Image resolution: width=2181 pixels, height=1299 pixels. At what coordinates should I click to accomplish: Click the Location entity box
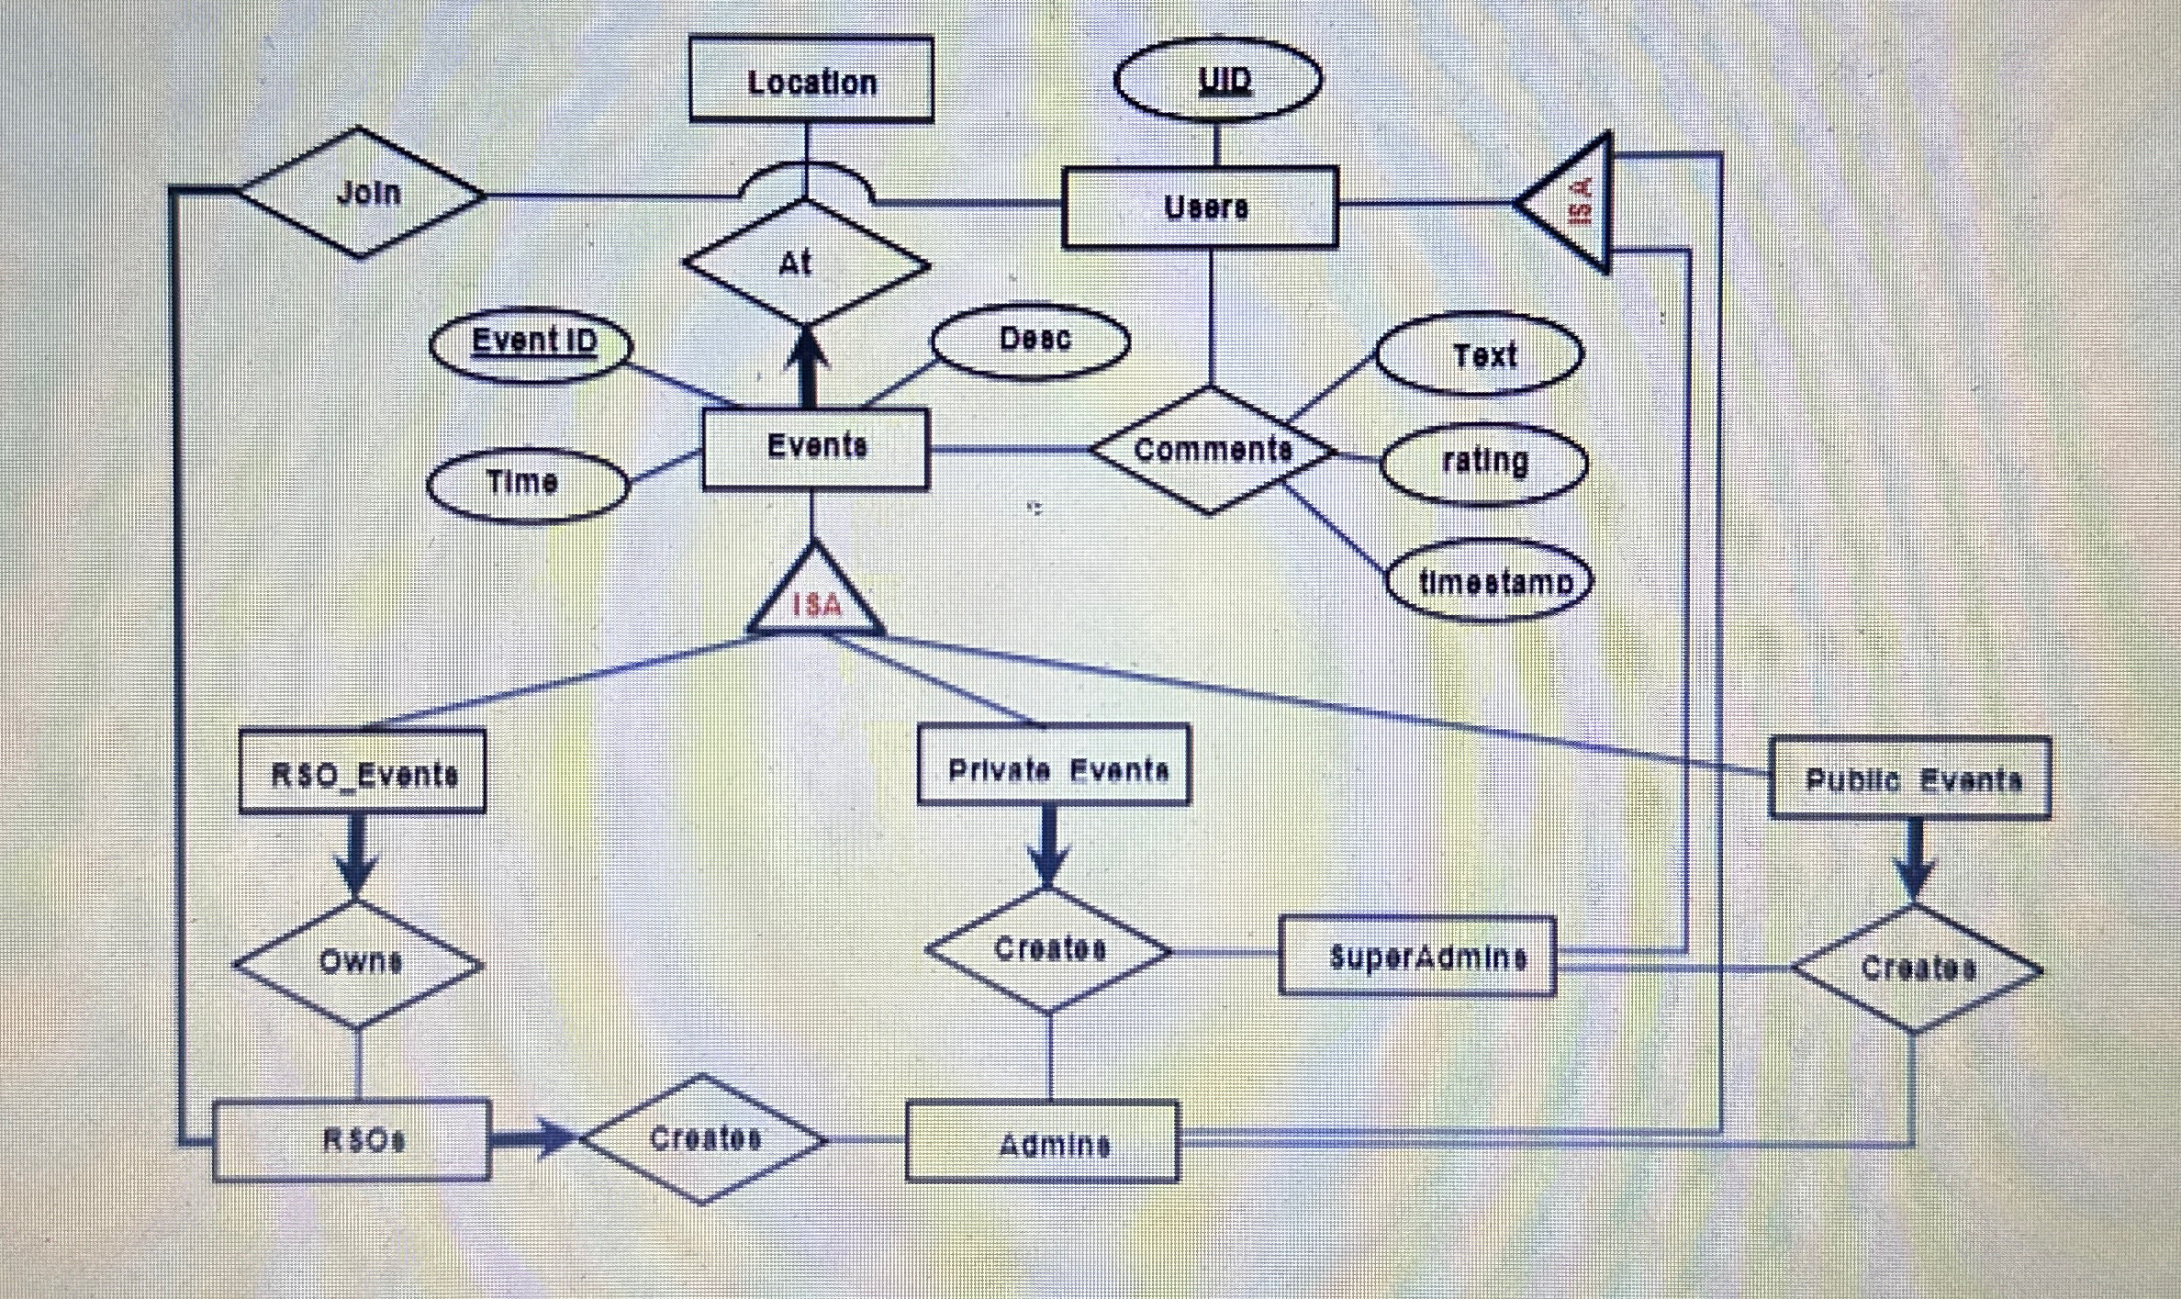(x=811, y=81)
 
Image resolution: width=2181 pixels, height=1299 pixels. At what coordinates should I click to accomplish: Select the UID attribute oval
(x=1218, y=80)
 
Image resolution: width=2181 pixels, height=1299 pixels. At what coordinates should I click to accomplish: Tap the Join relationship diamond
(x=362, y=193)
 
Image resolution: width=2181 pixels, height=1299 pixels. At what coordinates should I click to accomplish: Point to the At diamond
(x=806, y=263)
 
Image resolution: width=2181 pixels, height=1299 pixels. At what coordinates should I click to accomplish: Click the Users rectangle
(x=1200, y=207)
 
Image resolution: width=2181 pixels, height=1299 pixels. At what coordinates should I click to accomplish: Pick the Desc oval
(x=1030, y=341)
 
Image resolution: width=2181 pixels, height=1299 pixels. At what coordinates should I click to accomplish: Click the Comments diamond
(x=1212, y=450)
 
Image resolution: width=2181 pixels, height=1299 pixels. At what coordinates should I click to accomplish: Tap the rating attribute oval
(x=1484, y=462)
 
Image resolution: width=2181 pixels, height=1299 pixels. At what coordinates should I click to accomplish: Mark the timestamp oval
(x=1489, y=581)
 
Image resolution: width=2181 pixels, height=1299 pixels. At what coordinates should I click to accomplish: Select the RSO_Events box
(x=363, y=773)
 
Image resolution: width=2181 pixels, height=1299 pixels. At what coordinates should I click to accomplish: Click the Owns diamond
(x=358, y=963)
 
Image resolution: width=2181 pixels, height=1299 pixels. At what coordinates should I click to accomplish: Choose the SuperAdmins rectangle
(x=1417, y=957)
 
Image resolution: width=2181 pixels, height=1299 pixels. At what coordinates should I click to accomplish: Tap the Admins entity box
(x=1042, y=1142)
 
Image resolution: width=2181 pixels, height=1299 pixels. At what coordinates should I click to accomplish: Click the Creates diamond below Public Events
(x=1917, y=969)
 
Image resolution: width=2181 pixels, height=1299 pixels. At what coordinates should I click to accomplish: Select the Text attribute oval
(x=1480, y=354)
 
